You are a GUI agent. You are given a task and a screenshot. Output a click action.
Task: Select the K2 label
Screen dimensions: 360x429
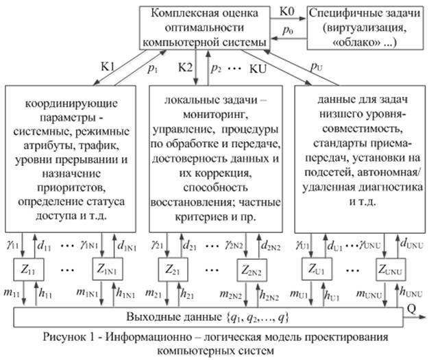(185, 68)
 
